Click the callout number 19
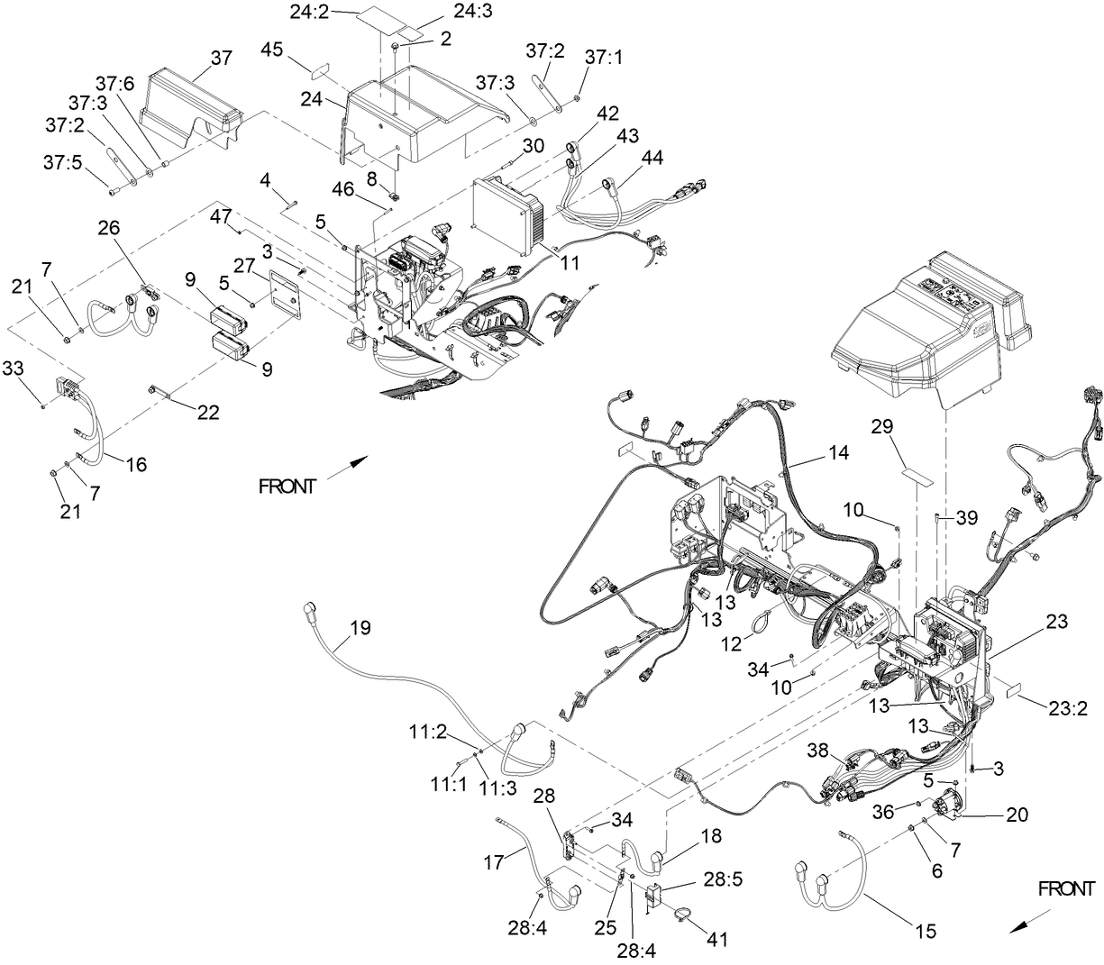point(360,628)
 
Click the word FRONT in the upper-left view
point(287,487)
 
